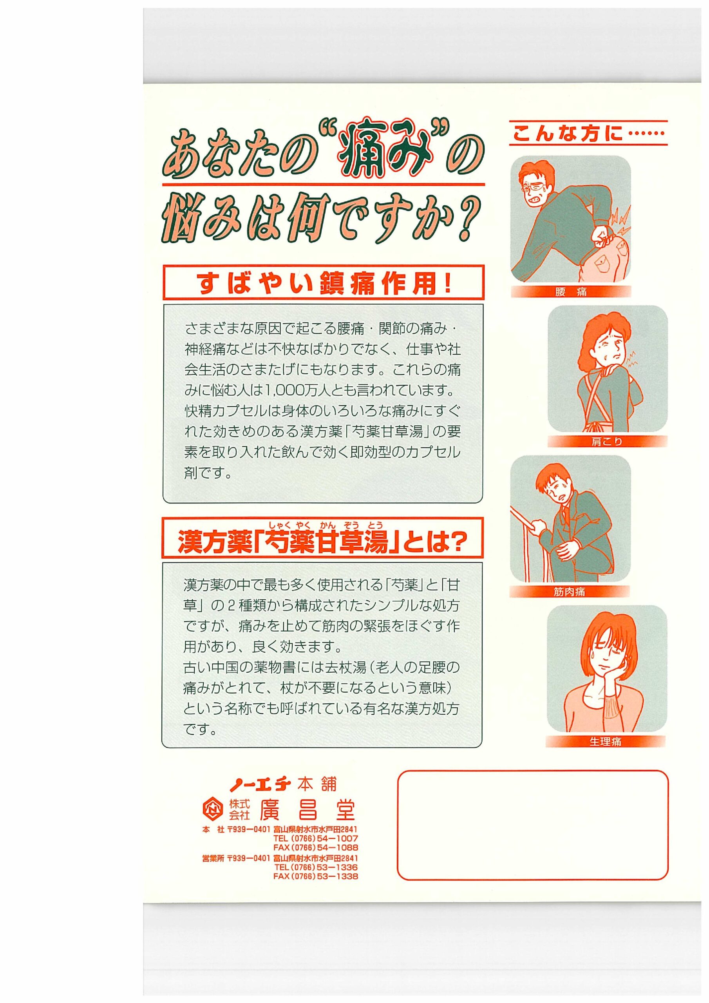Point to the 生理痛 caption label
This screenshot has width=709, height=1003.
pyautogui.click(x=606, y=741)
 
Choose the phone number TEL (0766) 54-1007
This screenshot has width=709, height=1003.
pyautogui.click(x=316, y=838)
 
